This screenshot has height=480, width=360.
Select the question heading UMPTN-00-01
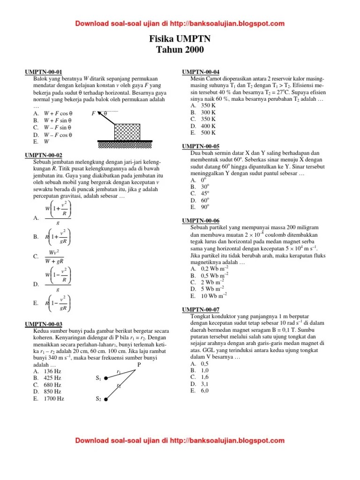tap(43, 72)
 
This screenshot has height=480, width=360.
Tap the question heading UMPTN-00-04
tap(200, 72)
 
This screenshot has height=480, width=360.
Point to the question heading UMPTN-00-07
tap(200, 310)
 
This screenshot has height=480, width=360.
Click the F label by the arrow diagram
tap(93, 113)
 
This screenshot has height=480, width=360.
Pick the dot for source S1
tap(106, 379)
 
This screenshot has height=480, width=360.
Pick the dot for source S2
tap(106, 399)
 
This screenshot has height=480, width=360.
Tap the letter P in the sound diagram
tap(139, 364)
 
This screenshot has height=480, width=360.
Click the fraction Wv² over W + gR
tap(58, 256)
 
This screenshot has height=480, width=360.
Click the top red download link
tap(180, 23)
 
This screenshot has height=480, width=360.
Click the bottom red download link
tap(180, 440)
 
